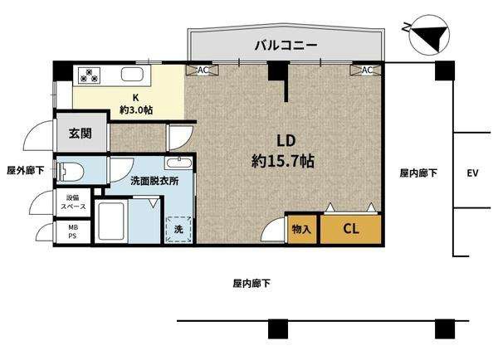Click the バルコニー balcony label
(286, 46)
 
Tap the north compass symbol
(429, 34)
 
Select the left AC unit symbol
(203, 71)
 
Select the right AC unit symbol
(366, 71)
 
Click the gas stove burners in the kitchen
(90, 75)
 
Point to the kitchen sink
(133, 75)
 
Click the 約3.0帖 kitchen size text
(136, 110)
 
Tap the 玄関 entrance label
(81, 134)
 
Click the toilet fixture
(71, 172)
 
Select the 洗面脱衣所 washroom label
(154, 181)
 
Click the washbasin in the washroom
(178, 163)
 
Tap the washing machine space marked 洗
(178, 229)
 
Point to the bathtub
(111, 221)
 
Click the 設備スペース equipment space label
(73, 202)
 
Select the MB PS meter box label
(73, 231)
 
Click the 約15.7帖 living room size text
(283, 161)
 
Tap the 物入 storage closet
(302, 229)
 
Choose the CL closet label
(351, 229)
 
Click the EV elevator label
(473, 173)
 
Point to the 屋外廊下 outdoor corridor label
(26, 171)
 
